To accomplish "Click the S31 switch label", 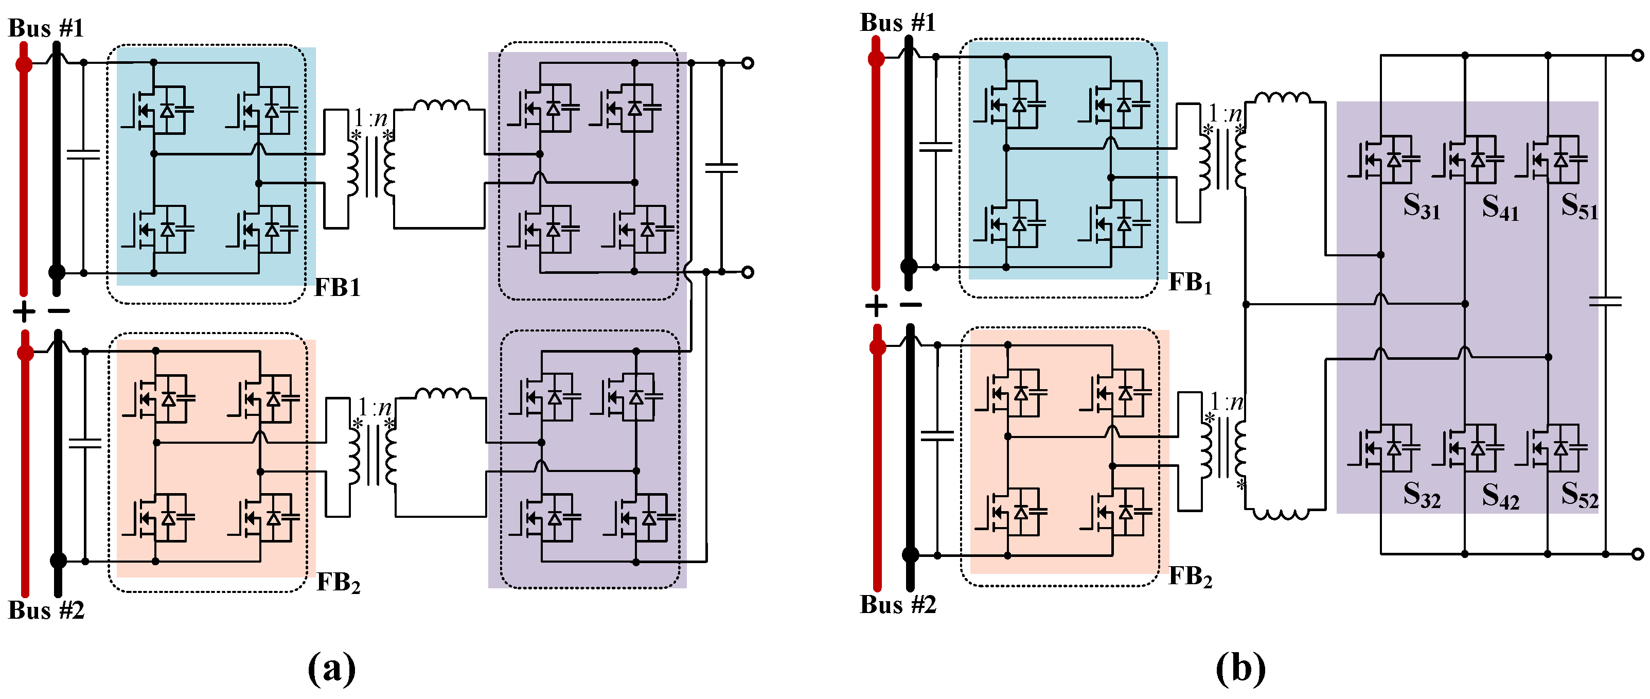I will (x=1422, y=207).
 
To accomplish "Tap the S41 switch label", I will (x=1500, y=207).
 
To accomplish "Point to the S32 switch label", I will (x=1422, y=496).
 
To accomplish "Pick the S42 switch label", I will (x=1500, y=496).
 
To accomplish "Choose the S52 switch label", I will (x=1580, y=496).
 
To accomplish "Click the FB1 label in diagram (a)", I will (x=338, y=288).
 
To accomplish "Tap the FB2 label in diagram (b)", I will (x=1190, y=576).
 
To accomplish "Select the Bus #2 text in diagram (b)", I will (x=897, y=604).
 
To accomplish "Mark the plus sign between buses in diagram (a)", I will (x=24, y=312).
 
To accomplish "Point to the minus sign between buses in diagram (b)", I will (x=910, y=305).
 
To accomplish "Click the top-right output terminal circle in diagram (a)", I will (x=747, y=63).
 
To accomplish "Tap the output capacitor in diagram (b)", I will (x=1605, y=301).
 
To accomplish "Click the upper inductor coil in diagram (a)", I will (x=441, y=106).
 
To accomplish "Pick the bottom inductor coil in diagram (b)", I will (x=1281, y=514).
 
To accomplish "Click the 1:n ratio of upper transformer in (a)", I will (x=371, y=118).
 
